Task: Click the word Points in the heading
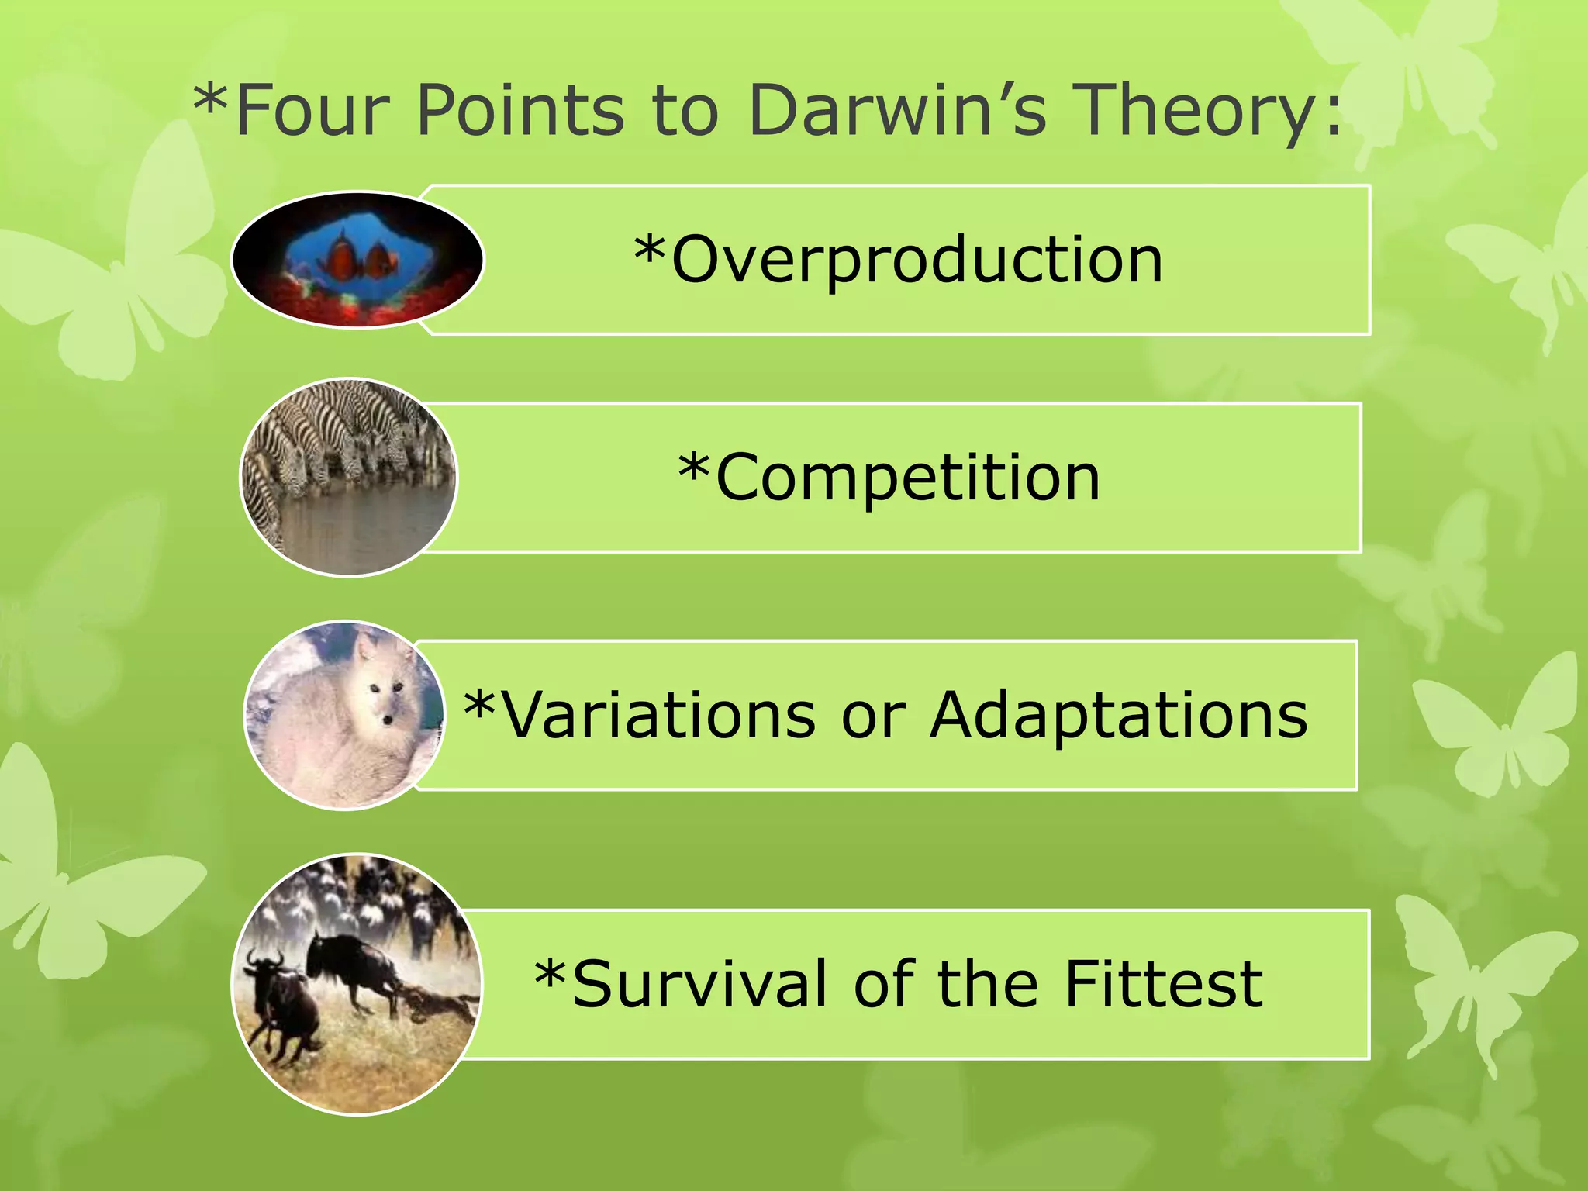(520, 110)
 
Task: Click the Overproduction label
(915, 260)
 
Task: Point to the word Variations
(659, 715)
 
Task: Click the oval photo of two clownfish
(357, 260)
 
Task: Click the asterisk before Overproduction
(649, 250)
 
